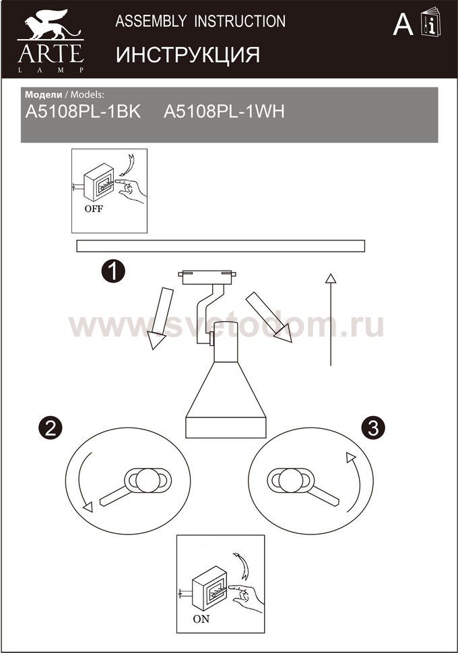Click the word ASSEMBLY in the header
[151, 21]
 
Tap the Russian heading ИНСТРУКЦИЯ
[187, 55]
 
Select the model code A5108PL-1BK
[83, 112]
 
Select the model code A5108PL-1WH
[224, 112]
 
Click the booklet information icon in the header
[430, 22]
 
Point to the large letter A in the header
[403, 24]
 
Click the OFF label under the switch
[94, 209]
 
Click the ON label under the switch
[201, 619]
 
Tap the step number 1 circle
[113, 271]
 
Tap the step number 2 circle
[51, 427]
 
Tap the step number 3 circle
[373, 427]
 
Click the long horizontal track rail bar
[220, 246]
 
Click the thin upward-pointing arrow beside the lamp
[331, 320]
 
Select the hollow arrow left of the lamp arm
[160, 318]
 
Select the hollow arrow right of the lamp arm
[268, 317]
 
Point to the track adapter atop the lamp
[207, 277]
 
